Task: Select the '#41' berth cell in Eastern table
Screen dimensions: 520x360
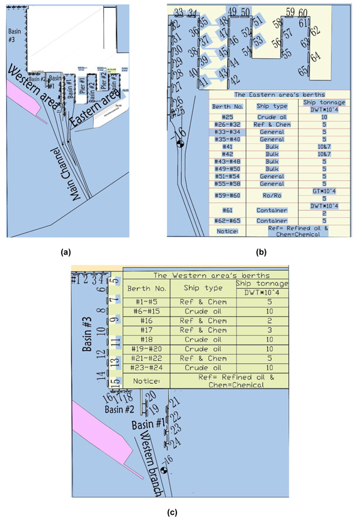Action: click(x=227, y=146)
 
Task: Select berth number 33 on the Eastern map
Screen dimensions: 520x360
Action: click(x=178, y=13)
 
